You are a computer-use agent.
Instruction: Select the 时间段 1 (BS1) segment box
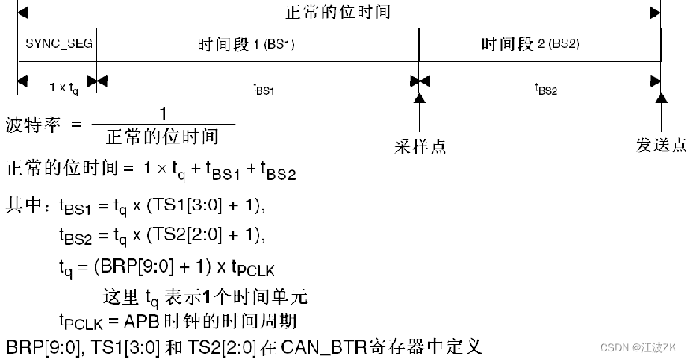pos(257,44)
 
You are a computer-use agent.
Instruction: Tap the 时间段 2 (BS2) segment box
pos(540,44)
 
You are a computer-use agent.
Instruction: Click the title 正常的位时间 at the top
pos(337,12)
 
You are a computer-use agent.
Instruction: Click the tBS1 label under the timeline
pos(262,89)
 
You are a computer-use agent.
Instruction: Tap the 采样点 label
pos(421,146)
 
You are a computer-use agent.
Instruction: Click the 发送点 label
pos(660,146)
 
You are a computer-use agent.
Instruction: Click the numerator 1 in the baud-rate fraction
pos(163,113)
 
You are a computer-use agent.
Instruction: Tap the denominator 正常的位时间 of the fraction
pos(162,137)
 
